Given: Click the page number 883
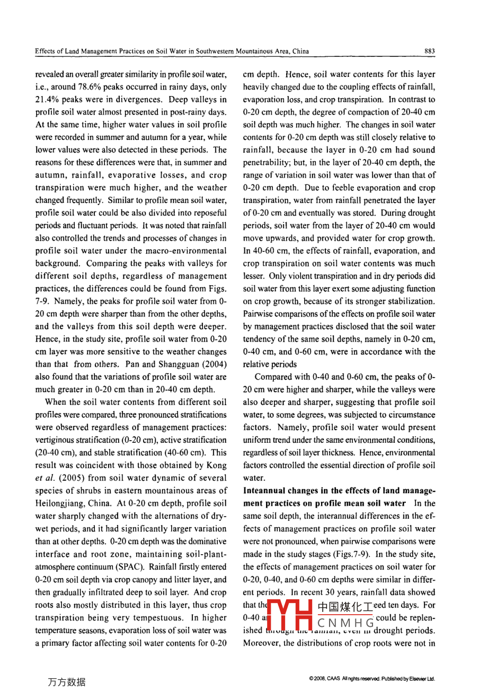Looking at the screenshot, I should tap(429, 51).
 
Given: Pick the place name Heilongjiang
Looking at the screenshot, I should tap(60, 503).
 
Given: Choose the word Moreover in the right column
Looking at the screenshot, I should tap(262, 643).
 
